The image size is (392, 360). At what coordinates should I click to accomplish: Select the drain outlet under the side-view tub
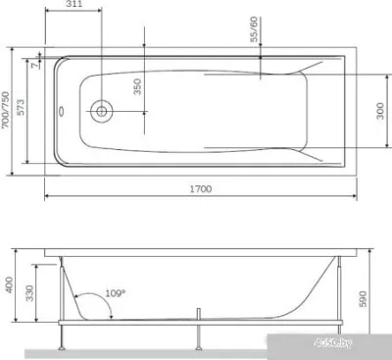(x=198, y=317)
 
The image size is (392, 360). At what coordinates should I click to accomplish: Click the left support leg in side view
(x=65, y=338)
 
